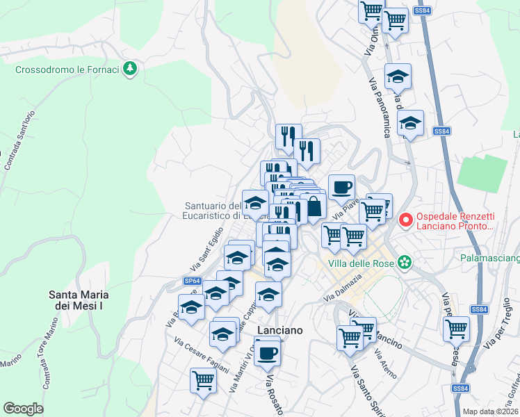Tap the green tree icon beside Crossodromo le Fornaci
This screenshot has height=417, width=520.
click(129, 69)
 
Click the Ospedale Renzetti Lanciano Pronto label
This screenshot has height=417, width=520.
click(455, 220)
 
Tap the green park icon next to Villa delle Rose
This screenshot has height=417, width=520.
click(404, 263)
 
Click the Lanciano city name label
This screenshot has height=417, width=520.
click(279, 331)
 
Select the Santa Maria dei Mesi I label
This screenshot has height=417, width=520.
click(79, 300)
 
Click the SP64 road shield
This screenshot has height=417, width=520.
click(193, 281)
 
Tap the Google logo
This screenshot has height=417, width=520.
click(23, 408)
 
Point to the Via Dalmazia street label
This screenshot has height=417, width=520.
click(343, 288)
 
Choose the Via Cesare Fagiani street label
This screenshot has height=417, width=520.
click(201, 355)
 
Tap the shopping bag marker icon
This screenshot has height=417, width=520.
click(314, 206)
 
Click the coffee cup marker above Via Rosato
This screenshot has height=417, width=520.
click(267, 352)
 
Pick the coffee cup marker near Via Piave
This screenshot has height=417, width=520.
click(341, 188)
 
